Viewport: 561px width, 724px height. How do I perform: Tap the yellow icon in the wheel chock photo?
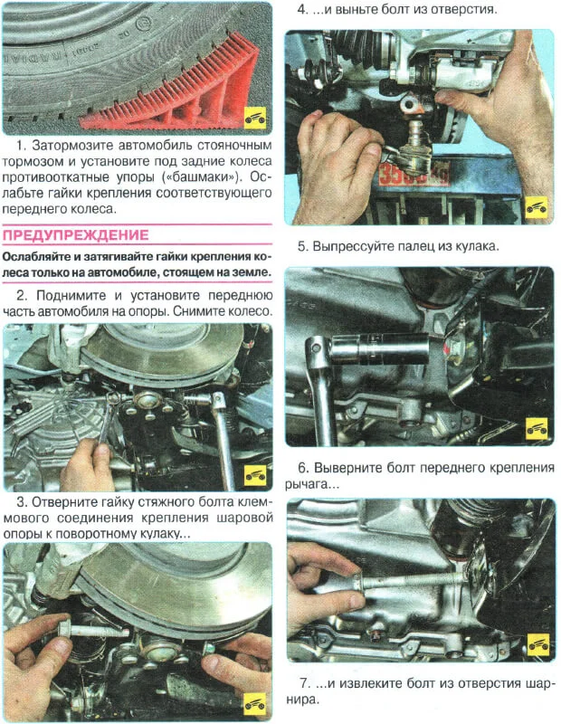point(257,119)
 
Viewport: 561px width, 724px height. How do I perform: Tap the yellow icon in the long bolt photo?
point(537,643)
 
